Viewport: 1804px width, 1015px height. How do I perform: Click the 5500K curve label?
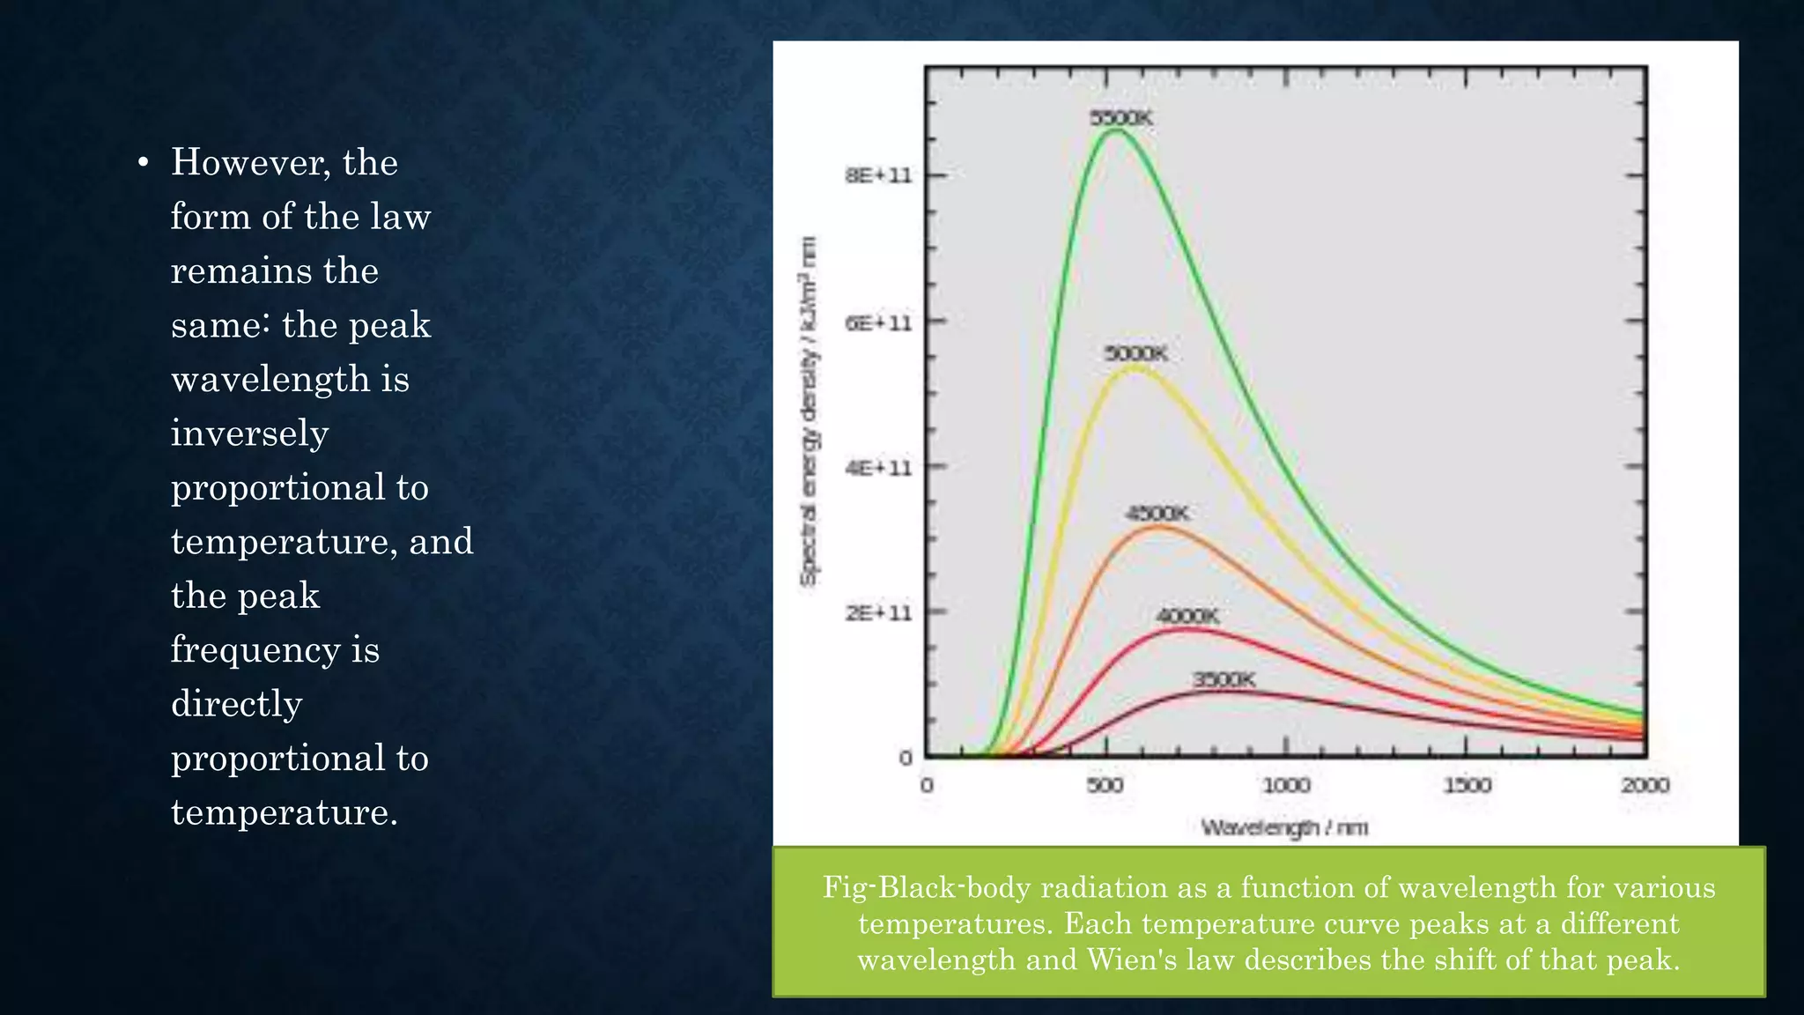[x=1120, y=118]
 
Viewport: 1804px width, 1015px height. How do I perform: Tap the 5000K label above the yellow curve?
[x=1135, y=353]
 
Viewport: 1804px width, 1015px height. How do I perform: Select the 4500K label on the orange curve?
[x=1157, y=513]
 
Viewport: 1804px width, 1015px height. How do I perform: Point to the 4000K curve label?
[x=1187, y=616]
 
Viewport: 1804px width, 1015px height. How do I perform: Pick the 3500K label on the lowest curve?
[x=1224, y=679]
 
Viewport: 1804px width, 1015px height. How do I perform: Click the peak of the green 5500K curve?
[x=1115, y=131]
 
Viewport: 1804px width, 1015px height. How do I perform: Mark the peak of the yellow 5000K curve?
[x=1135, y=368]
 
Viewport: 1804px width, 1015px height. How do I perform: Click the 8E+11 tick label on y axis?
[x=878, y=175]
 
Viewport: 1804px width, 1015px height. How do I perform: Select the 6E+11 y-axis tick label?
[x=878, y=322]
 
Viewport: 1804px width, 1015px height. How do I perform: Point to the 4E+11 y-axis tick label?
[x=878, y=467]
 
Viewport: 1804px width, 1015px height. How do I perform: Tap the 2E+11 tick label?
[x=878, y=612]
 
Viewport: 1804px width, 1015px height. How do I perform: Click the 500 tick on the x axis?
[x=1105, y=784]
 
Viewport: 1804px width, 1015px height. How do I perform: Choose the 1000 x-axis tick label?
[x=1286, y=784]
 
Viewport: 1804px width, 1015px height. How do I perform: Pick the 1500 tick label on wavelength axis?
[x=1467, y=784]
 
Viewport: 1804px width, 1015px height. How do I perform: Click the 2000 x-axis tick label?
[x=1645, y=784]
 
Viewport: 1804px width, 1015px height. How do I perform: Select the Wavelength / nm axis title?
[x=1284, y=827]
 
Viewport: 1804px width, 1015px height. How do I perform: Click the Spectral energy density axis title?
[x=808, y=411]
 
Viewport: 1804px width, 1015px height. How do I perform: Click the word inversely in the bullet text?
[x=249, y=433]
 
